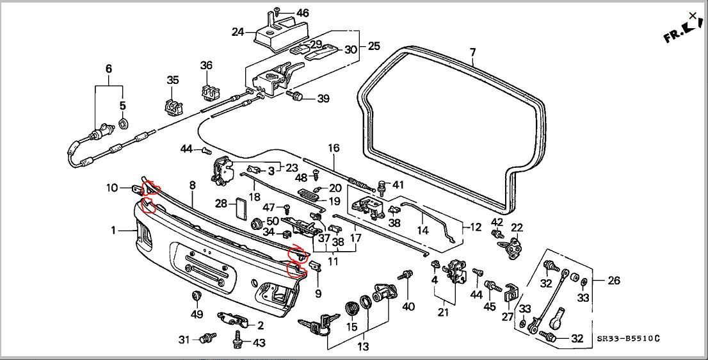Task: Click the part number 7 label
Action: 472,52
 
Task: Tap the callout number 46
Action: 302,13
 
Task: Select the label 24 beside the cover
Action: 237,31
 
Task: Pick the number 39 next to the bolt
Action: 323,99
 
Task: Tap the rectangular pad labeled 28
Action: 239,209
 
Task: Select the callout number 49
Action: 197,314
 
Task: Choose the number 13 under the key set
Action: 363,347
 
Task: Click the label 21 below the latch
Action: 443,313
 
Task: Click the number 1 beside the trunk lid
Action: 113,230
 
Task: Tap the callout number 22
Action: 517,227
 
